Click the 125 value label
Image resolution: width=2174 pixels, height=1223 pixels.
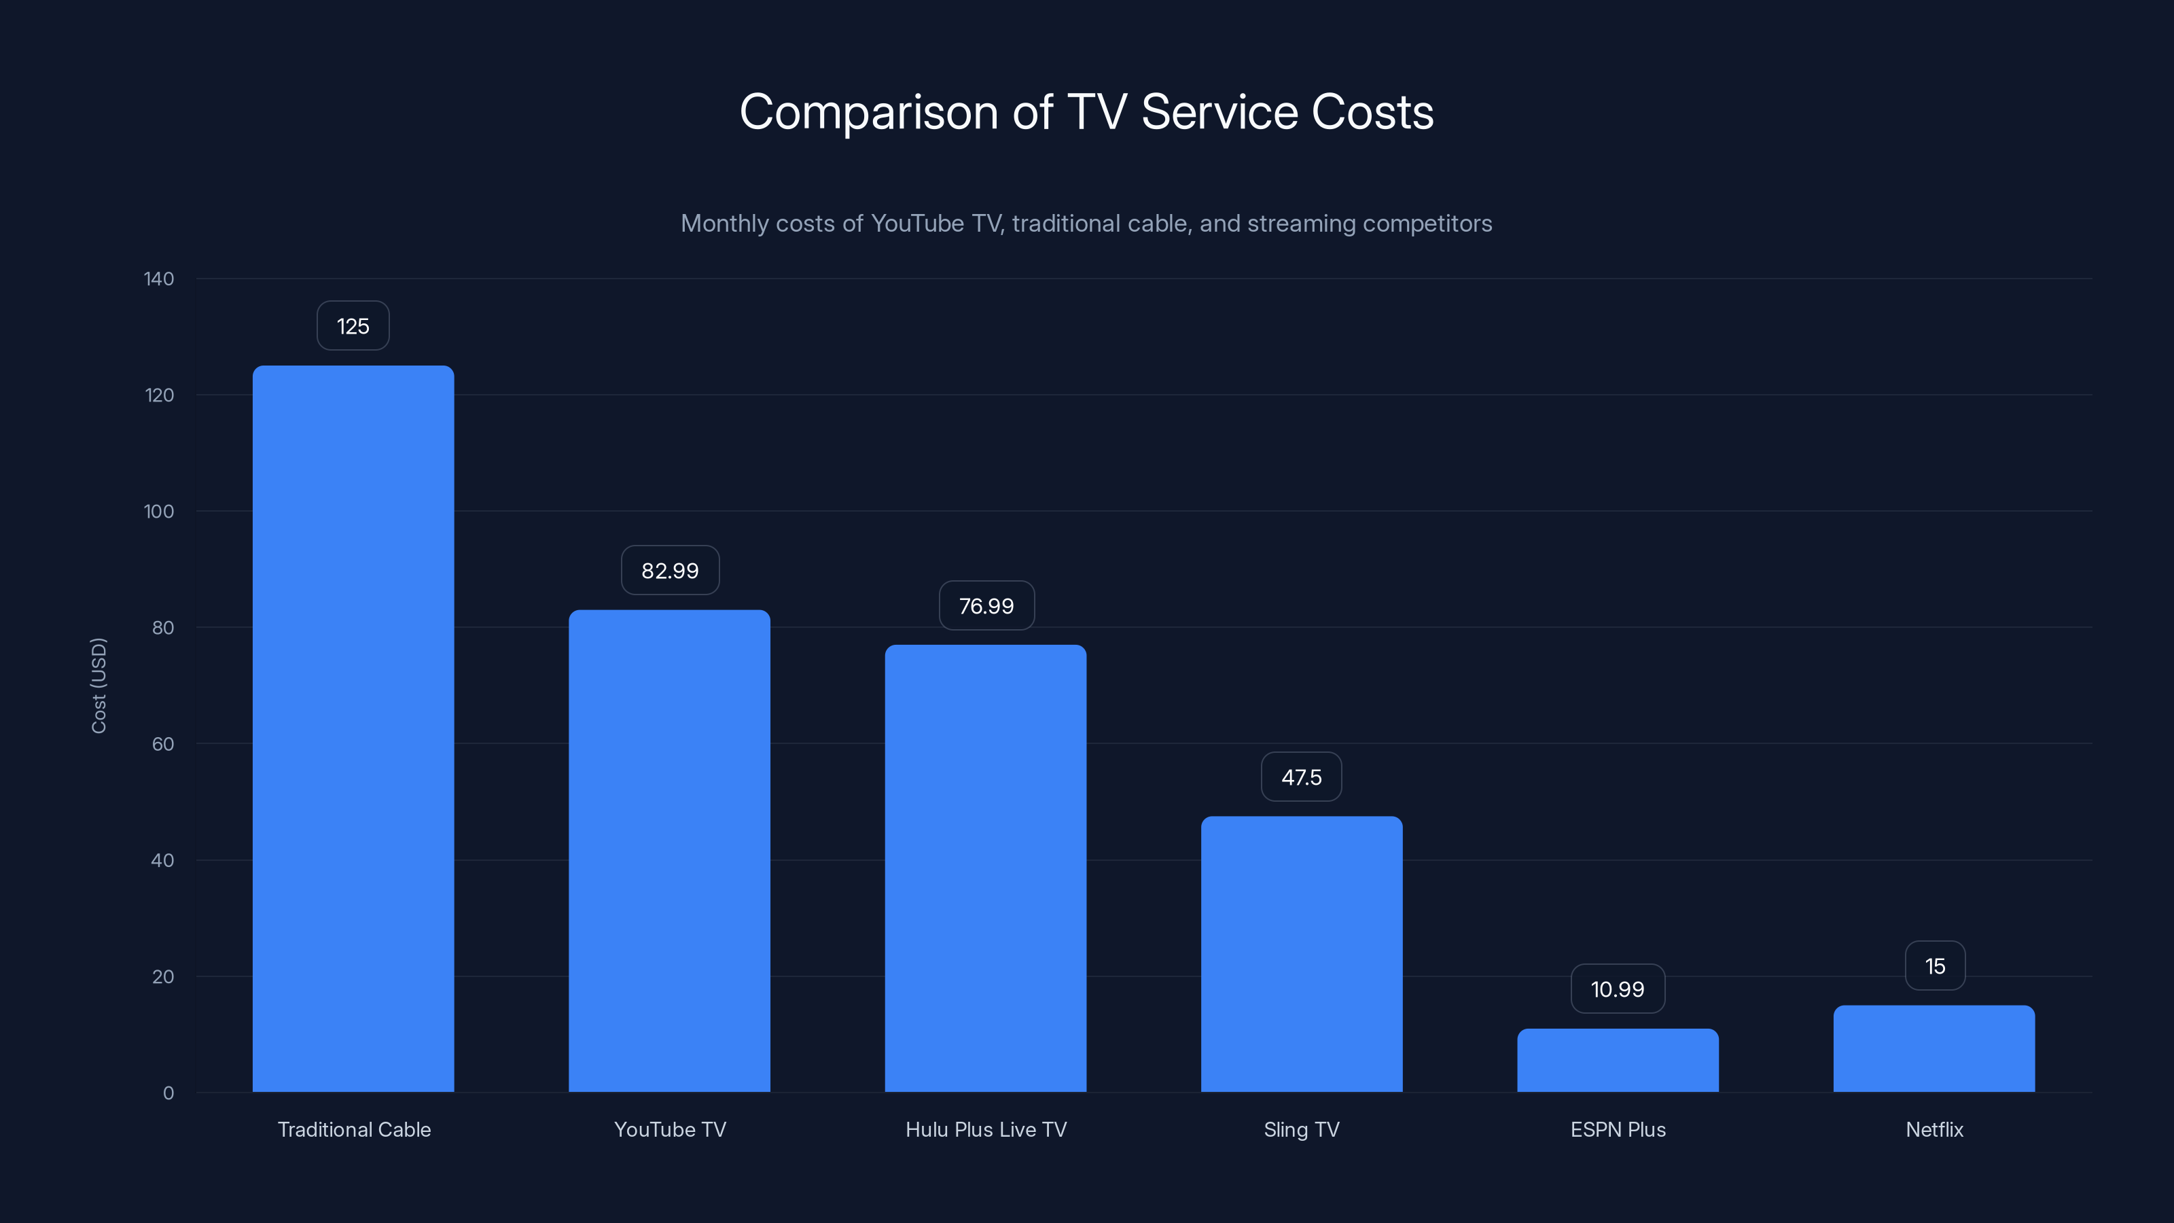(x=353, y=326)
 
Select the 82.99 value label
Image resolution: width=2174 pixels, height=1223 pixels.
(x=670, y=571)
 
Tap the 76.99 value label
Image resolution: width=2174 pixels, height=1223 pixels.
(x=986, y=606)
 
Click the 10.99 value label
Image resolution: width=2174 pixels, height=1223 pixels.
(x=1617, y=989)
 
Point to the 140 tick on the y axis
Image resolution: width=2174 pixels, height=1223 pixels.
(x=159, y=279)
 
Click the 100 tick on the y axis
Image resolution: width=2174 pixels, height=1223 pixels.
(x=159, y=512)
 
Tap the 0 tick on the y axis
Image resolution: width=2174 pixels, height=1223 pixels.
(x=168, y=1093)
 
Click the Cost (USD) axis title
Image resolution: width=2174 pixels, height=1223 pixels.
(x=99, y=686)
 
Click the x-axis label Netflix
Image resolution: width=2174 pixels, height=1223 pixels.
(x=1934, y=1129)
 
